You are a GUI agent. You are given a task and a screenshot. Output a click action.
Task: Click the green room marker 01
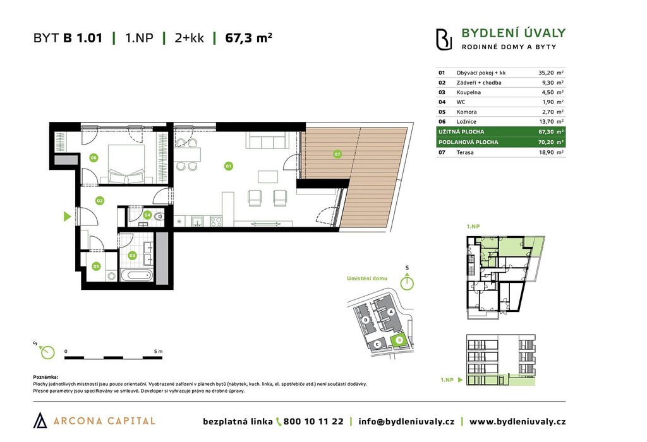(x=228, y=166)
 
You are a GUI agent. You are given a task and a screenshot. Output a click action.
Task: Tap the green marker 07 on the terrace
(x=337, y=154)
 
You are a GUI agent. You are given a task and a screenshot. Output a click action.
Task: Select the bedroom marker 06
(x=94, y=157)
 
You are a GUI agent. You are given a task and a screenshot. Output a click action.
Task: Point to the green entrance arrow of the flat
(x=68, y=216)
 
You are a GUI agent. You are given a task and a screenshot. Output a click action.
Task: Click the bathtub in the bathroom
(x=136, y=275)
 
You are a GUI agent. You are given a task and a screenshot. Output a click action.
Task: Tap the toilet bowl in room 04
(x=157, y=216)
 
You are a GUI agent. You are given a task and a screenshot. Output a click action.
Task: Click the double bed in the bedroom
(x=126, y=164)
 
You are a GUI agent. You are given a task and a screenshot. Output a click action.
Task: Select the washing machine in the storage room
(x=112, y=275)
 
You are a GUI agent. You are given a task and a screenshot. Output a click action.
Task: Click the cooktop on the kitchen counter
(x=216, y=222)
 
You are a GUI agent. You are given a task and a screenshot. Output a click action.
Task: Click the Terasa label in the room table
(x=465, y=152)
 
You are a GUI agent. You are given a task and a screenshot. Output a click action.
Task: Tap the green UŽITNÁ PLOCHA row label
(x=461, y=131)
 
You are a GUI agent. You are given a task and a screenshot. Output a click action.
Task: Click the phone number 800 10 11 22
(x=313, y=421)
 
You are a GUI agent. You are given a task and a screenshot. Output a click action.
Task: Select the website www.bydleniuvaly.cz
(x=517, y=421)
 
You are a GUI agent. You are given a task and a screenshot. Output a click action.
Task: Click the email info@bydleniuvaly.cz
(x=406, y=421)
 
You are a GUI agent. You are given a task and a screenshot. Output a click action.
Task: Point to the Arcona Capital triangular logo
(x=40, y=420)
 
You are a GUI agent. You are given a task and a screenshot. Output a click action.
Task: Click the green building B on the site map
(x=399, y=340)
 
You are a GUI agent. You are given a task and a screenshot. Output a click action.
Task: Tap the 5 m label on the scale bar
(x=158, y=351)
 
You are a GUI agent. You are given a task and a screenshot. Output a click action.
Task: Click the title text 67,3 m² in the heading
(x=248, y=38)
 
